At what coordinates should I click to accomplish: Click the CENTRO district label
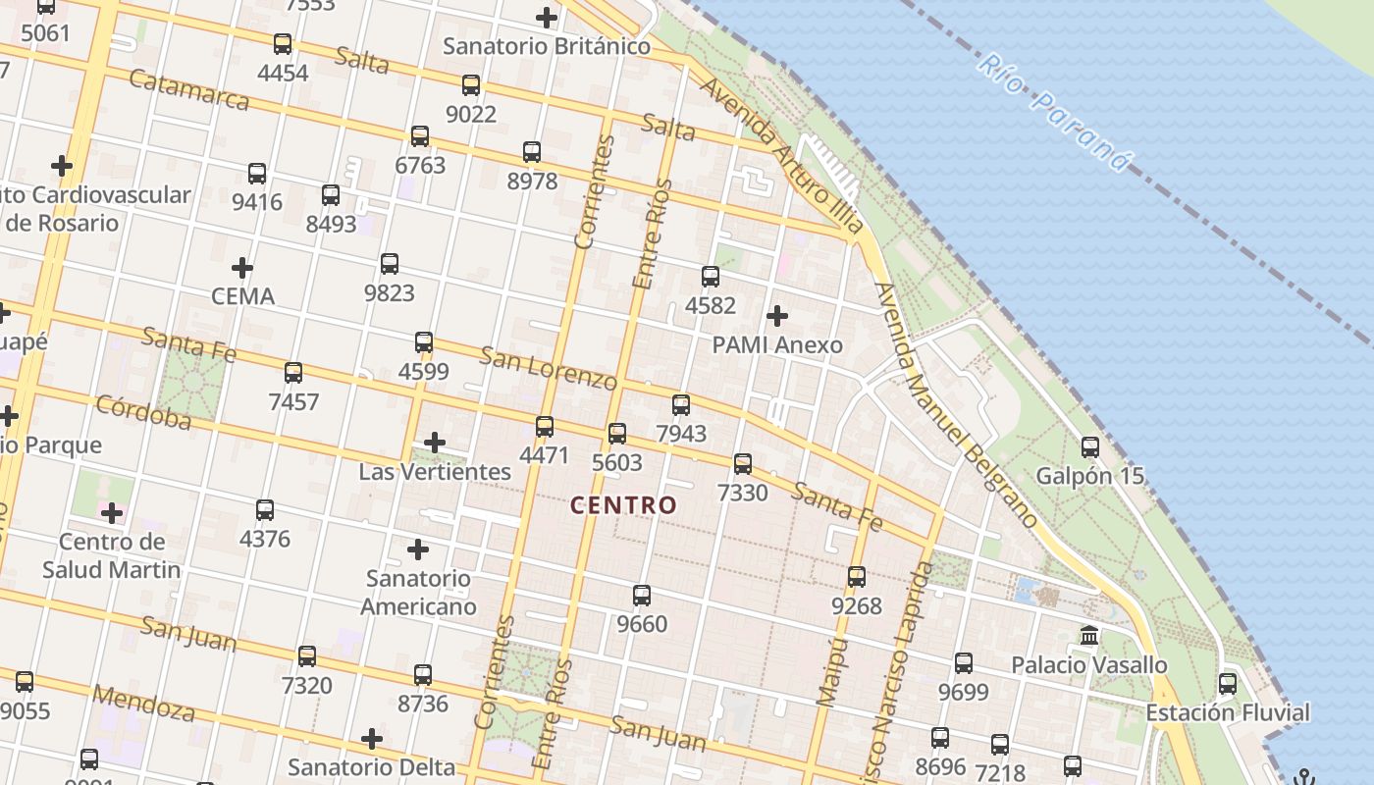pyautogui.click(x=624, y=505)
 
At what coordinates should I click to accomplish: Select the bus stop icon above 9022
pyautogui.click(x=471, y=85)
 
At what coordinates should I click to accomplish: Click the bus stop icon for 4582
pyautogui.click(x=711, y=277)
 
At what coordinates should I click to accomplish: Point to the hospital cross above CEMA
pyautogui.click(x=242, y=267)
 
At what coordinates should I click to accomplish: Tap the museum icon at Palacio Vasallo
pyautogui.click(x=1089, y=636)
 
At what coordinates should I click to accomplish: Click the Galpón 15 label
pyautogui.click(x=1089, y=476)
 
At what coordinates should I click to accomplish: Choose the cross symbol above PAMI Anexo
pyautogui.click(x=777, y=316)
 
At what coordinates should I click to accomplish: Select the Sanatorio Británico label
pyautogui.click(x=547, y=46)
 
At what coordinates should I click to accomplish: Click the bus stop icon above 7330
pyautogui.click(x=743, y=464)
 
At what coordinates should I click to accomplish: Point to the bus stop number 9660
pyautogui.click(x=642, y=624)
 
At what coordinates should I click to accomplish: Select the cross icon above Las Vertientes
pyautogui.click(x=435, y=443)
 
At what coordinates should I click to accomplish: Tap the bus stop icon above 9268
pyautogui.click(x=857, y=577)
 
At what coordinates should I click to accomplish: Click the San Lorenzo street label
pyautogui.click(x=548, y=367)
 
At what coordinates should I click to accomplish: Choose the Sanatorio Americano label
pyautogui.click(x=418, y=593)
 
